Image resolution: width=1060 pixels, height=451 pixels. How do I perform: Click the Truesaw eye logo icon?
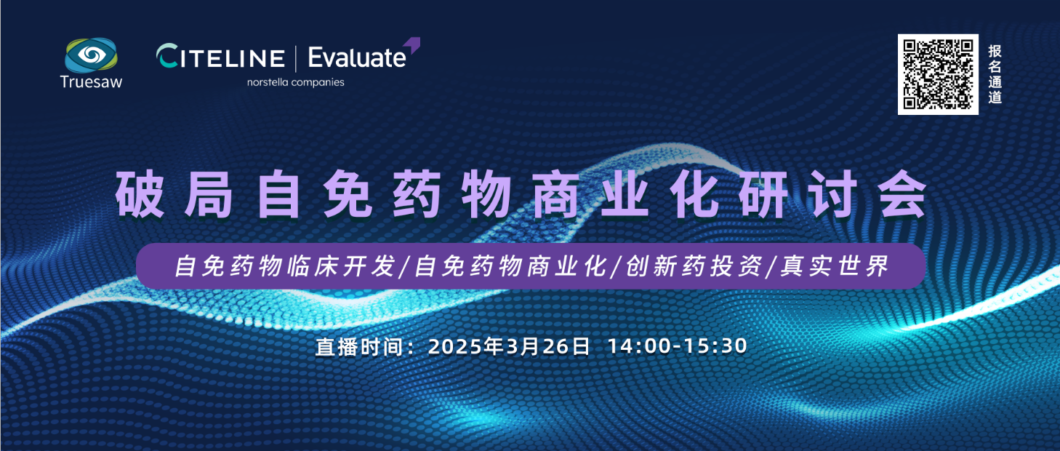(91, 55)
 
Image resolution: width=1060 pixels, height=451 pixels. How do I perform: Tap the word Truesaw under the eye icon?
(91, 82)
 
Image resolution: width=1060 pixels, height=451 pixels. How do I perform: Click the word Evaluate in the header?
(357, 57)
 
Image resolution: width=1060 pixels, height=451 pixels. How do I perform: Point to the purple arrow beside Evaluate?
(412, 44)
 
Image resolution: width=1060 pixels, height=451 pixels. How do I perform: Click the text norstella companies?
(296, 82)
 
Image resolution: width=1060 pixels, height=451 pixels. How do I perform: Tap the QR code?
(938, 74)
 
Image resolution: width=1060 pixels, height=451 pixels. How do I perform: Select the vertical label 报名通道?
(995, 74)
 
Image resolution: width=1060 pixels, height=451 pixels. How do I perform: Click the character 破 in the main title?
(140, 194)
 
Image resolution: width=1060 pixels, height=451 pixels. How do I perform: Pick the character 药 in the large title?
(417, 194)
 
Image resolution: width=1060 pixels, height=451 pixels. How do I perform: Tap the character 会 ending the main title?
(902, 194)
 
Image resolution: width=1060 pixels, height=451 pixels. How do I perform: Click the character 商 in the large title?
(556, 194)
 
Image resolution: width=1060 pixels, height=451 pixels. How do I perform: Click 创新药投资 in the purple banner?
(694, 266)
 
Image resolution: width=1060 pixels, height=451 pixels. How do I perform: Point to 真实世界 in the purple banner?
(835, 266)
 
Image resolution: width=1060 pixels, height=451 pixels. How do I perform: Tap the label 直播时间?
(359, 347)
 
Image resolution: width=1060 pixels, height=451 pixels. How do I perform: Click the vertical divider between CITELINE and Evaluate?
(296, 59)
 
